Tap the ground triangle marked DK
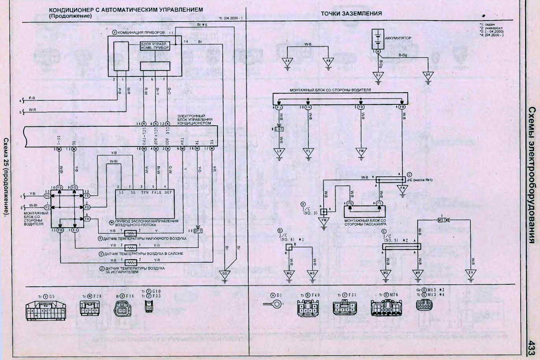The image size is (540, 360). tap(428, 75)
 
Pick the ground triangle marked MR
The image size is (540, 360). tap(417, 273)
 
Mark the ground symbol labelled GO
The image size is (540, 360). tap(225, 273)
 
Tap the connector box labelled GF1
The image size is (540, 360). tap(197, 230)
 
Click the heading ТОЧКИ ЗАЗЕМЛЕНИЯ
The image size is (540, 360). tap(351, 13)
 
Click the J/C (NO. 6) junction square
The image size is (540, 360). tap(289, 247)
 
